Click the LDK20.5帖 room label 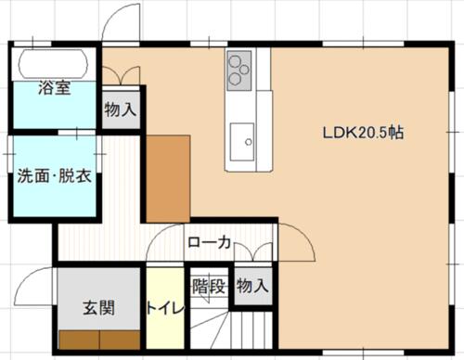[x=363, y=133]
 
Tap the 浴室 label [x=55, y=87]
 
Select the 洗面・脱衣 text [x=54, y=176]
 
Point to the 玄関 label [x=99, y=308]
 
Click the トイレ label [x=165, y=308]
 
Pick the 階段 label [x=209, y=286]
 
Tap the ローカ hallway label [x=210, y=242]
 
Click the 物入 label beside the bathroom [x=121, y=109]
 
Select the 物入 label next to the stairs [x=252, y=286]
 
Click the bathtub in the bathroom [x=53, y=64]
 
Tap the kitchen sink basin [x=242, y=142]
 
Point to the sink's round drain [x=249, y=142]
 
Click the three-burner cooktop [x=238, y=71]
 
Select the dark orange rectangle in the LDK [x=168, y=178]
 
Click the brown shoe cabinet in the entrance [x=99, y=341]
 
